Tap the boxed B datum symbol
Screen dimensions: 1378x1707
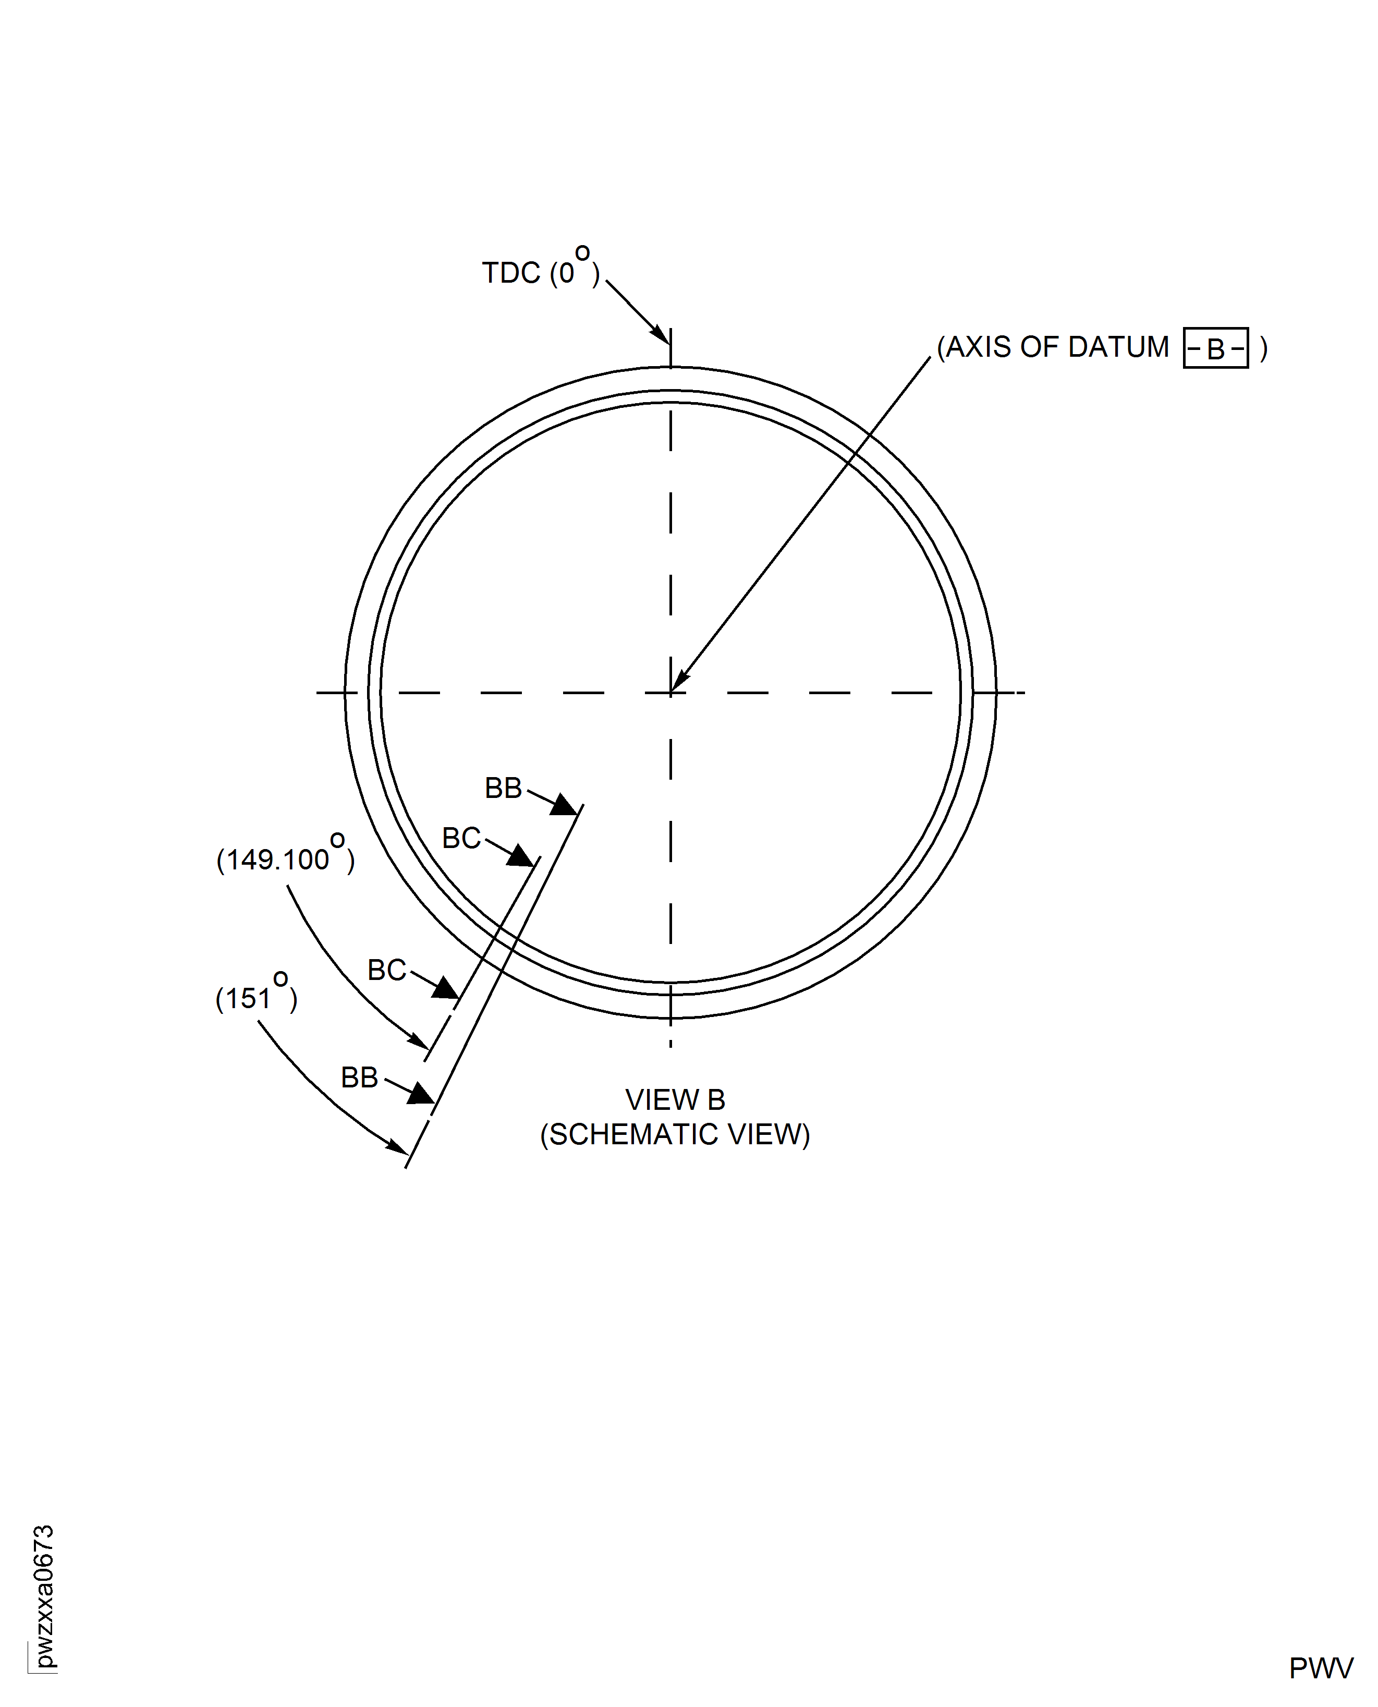(x=1215, y=348)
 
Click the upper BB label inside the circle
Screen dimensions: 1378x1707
(x=503, y=789)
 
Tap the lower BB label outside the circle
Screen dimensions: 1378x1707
(x=360, y=1078)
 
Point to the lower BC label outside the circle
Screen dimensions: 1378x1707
(x=386, y=970)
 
